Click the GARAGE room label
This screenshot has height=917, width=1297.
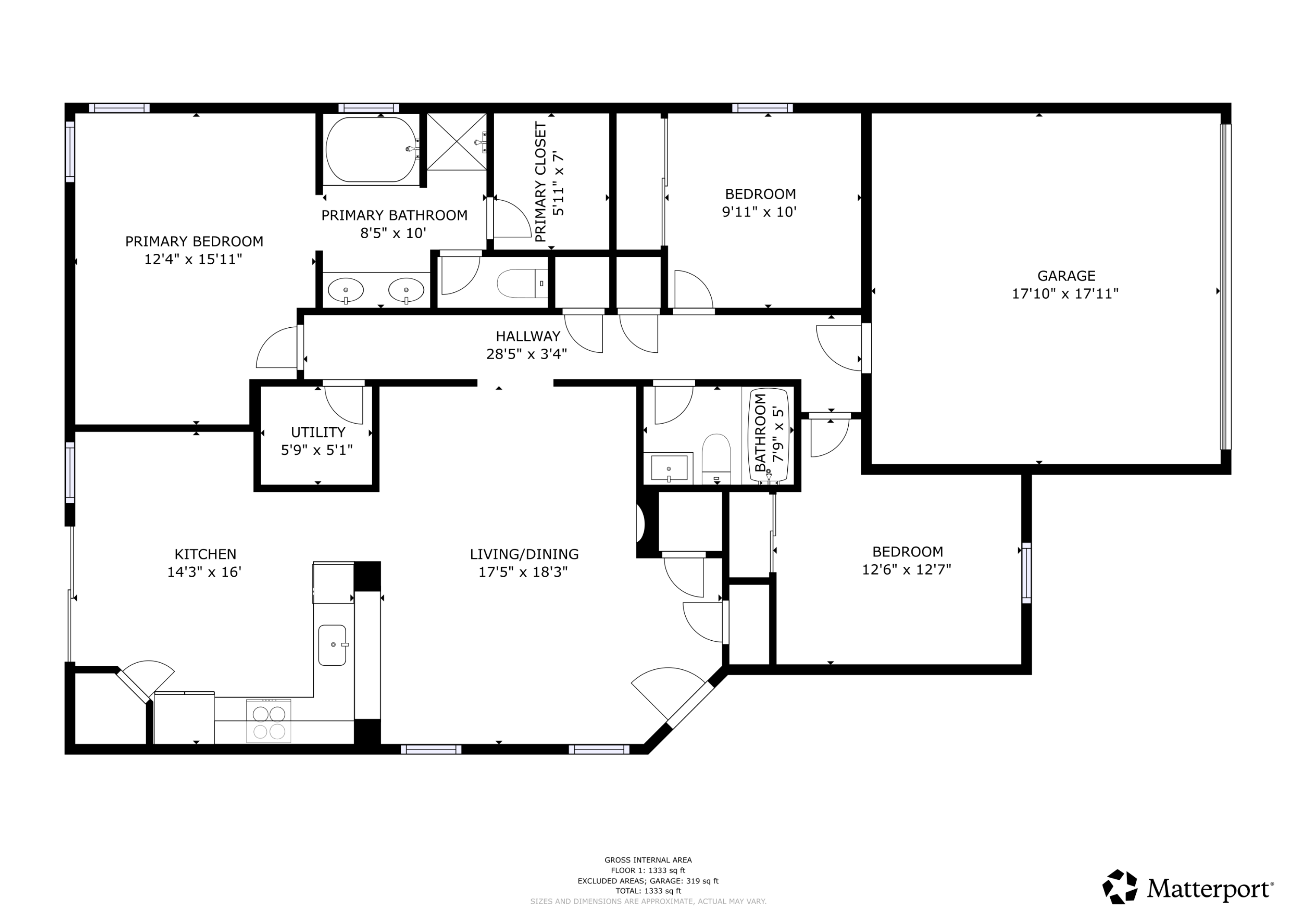(1066, 276)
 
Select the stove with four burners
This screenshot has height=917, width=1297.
(269, 721)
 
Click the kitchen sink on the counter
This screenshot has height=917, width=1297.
(332, 645)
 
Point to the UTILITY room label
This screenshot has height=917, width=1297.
(318, 432)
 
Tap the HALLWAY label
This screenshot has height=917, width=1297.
(527, 336)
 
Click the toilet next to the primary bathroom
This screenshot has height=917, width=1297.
(522, 284)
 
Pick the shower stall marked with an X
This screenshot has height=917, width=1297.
(457, 141)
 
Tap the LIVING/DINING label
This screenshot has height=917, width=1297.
(524, 554)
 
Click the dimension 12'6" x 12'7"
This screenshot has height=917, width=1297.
(907, 569)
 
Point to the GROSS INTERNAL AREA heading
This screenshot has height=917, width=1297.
(648, 860)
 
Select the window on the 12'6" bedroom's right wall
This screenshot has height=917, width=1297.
(1026, 573)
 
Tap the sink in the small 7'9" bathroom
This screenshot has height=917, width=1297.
(669, 468)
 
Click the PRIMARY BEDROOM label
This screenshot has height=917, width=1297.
(194, 241)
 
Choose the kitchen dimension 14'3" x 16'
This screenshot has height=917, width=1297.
(204, 572)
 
